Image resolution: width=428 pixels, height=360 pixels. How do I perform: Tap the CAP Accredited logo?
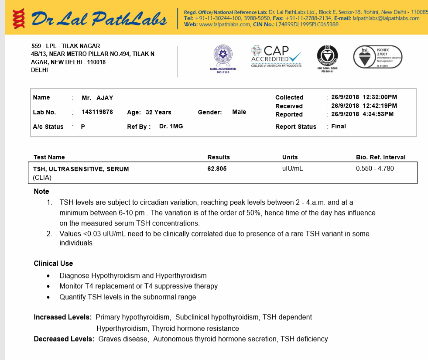276,56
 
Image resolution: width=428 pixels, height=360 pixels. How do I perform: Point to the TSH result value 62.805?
217,168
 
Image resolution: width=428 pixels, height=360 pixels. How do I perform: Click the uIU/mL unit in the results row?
292,168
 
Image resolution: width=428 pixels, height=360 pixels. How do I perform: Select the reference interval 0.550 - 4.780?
375,168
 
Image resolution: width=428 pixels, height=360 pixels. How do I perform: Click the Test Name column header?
49,157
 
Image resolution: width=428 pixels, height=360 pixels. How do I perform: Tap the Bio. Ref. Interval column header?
380,157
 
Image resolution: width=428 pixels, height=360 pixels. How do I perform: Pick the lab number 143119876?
97,112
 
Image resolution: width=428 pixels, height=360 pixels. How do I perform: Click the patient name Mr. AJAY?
97,98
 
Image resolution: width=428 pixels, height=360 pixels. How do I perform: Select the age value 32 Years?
158,112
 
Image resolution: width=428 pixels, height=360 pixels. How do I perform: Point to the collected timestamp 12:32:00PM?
380,97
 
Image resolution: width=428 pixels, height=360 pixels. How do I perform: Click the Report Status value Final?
339,127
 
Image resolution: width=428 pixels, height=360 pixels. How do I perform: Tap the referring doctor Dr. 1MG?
171,127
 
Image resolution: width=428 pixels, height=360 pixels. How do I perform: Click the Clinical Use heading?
53,264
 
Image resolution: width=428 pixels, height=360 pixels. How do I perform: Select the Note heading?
41,192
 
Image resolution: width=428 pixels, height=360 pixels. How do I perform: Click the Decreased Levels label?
64,339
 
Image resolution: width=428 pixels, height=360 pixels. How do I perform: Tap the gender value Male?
239,112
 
